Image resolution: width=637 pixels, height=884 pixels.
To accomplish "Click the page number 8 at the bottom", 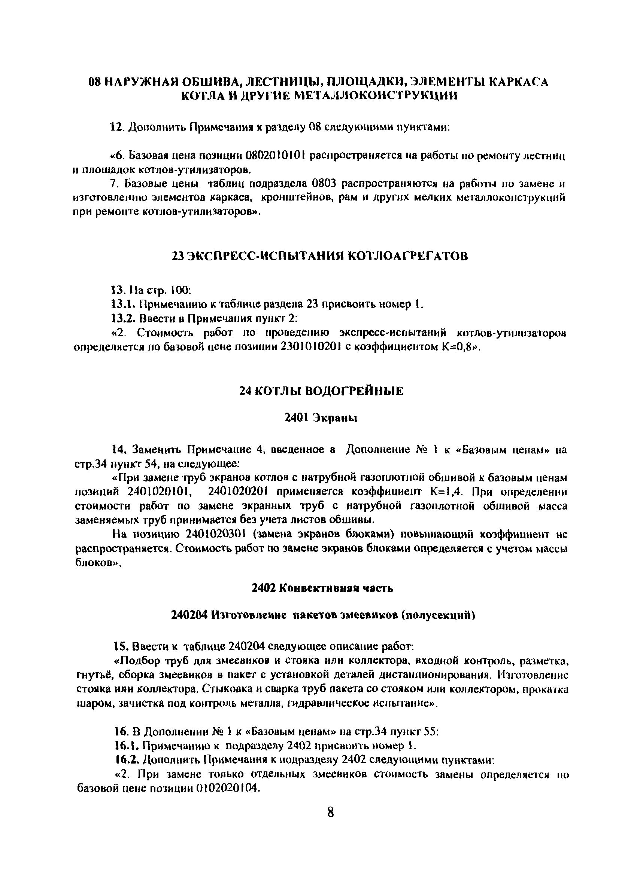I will tap(330, 813).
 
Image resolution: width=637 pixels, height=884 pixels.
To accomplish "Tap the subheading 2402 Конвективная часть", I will tap(322, 588).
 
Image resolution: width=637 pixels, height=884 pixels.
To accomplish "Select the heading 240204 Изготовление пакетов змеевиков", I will tap(323, 615).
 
